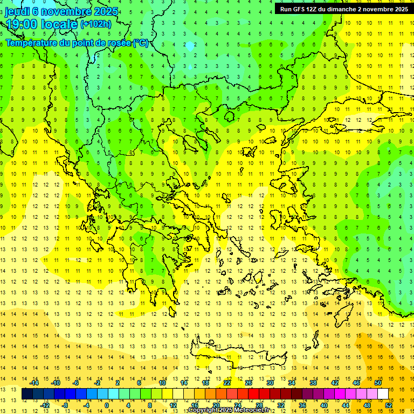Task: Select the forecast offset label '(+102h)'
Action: [x=95, y=24]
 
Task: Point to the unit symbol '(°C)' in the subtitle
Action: [x=140, y=43]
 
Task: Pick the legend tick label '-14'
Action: [x=34, y=383]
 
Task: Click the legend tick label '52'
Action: [x=389, y=405]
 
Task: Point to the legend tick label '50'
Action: [x=378, y=383]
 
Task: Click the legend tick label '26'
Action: [x=249, y=383]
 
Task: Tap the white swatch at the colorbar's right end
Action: [x=383, y=394]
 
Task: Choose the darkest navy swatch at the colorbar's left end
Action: [x=27, y=394]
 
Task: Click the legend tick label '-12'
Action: [x=45, y=405]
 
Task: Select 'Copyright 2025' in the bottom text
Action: [x=210, y=410]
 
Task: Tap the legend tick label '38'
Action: [x=313, y=383]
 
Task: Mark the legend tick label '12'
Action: [x=172, y=405]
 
